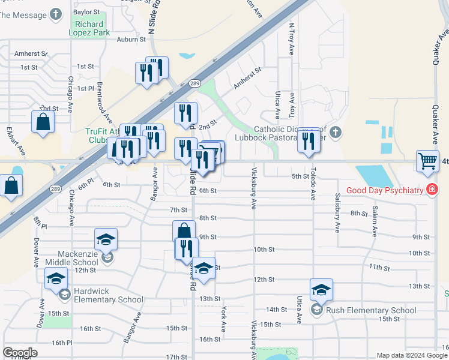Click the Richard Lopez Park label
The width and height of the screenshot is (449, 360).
point(92,28)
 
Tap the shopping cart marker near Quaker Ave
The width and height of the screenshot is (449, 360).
point(428,160)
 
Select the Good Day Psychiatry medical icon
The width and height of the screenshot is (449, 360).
point(431,190)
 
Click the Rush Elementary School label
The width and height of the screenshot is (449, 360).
point(370,310)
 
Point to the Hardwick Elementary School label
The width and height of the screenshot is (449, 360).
point(108,299)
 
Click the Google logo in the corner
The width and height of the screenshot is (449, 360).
point(20,353)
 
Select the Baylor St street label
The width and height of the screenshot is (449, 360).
point(86,11)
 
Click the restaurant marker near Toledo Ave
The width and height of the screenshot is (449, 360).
point(309,140)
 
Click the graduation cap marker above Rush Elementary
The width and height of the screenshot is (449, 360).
point(322,290)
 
